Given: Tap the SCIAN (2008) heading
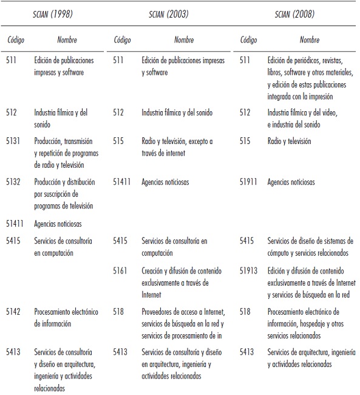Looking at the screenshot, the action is tap(296, 15).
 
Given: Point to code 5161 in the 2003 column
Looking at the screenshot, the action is tap(121, 271).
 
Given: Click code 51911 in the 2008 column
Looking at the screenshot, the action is tap(250, 182).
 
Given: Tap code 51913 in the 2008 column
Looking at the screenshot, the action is tap(250, 271).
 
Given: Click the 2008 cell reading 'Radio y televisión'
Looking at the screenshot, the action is tap(289, 141).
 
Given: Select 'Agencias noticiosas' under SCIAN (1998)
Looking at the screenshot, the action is tap(58, 224).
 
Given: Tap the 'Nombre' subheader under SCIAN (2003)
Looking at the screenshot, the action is tap(184, 41).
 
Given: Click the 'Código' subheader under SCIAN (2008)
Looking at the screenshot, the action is tap(249, 41).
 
